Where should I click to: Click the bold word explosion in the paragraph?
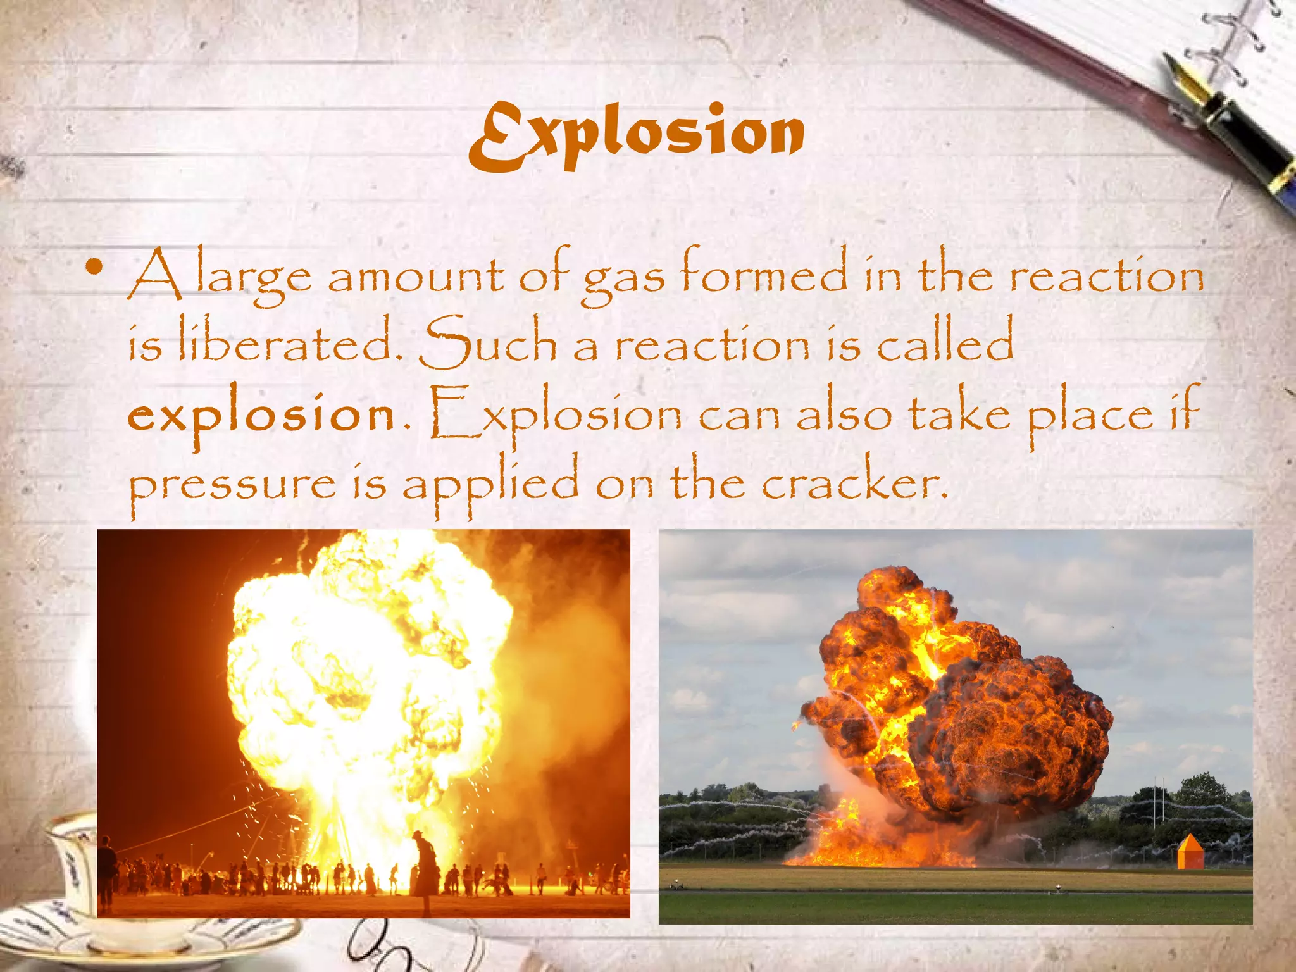(261, 415)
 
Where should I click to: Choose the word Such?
(487, 343)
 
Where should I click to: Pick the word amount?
(416, 277)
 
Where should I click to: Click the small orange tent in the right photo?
(1190, 850)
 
